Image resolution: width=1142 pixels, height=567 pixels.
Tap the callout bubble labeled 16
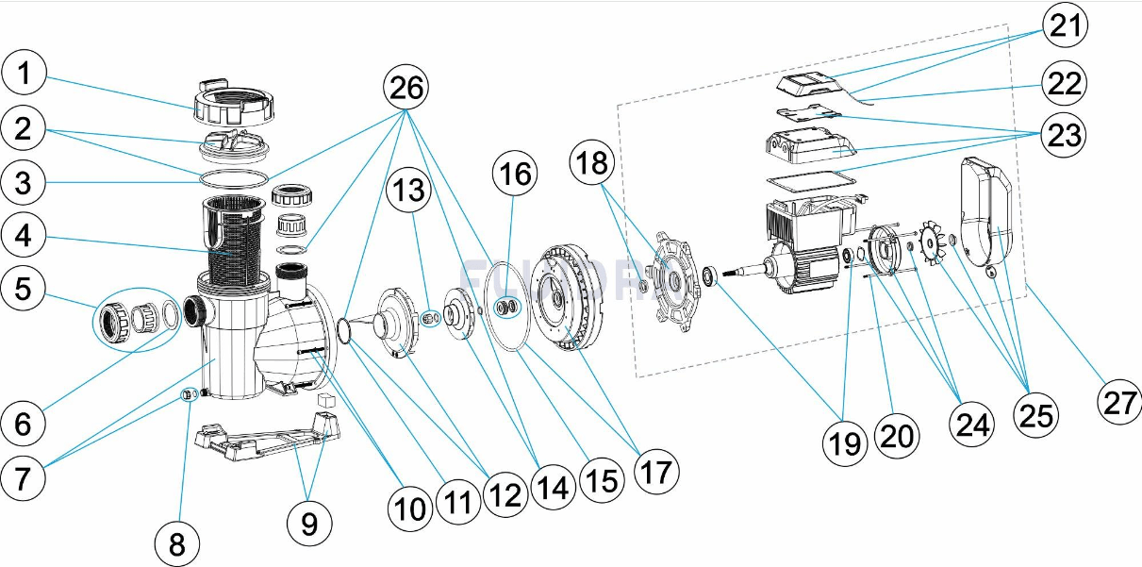click(516, 175)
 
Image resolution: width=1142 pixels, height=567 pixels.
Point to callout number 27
click(1119, 404)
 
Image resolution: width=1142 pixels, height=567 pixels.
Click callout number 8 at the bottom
click(178, 543)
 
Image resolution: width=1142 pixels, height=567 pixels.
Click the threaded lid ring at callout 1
click(233, 106)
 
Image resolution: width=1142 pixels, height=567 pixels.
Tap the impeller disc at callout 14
click(461, 317)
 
